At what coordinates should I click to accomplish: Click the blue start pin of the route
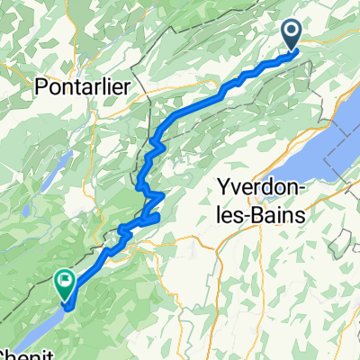coord(294,35)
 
